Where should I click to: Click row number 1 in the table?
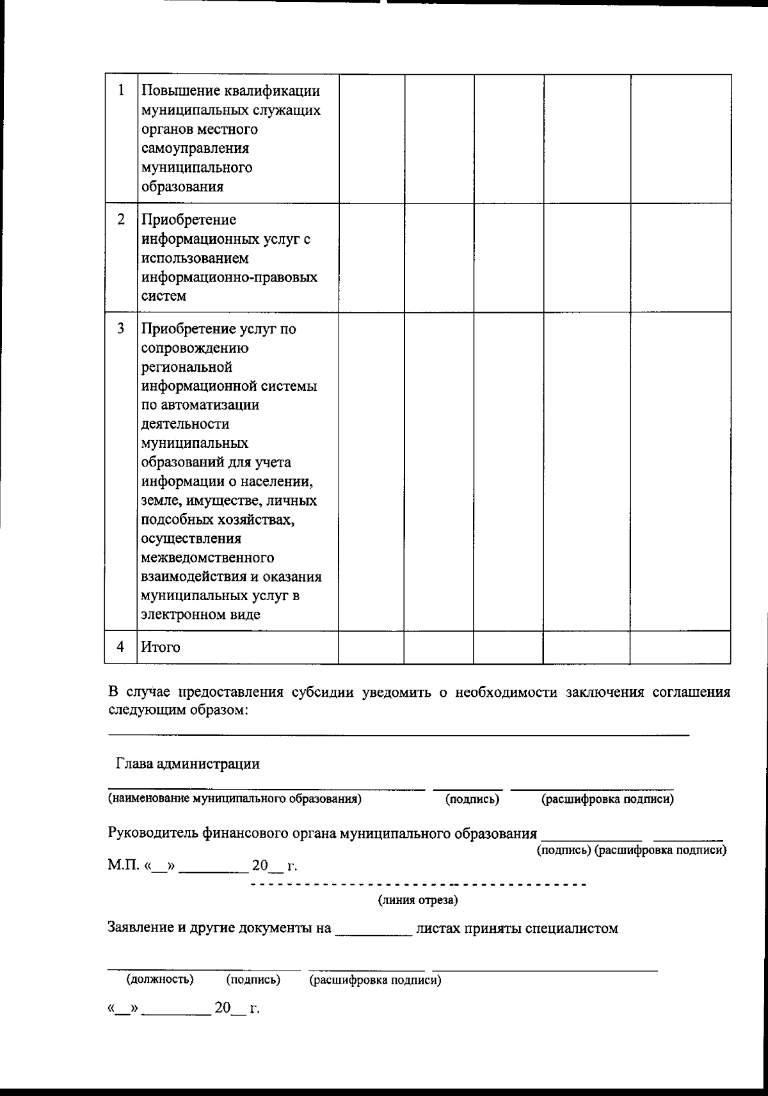tap(121, 91)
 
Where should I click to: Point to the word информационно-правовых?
tap(229, 278)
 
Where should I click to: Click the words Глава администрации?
tap(188, 763)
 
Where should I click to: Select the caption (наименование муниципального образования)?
tap(234, 798)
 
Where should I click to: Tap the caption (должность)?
tap(160, 980)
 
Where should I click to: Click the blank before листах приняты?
tap(374, 929)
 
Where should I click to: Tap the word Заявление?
tap(138, 928)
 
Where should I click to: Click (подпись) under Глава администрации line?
tap(472, 799)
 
